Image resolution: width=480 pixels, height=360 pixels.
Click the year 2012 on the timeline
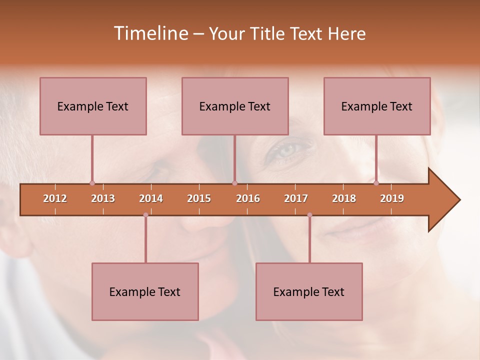55,198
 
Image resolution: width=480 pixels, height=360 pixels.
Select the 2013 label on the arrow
103,198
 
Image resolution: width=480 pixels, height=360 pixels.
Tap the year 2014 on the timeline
151,198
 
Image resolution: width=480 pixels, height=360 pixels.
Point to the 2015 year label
199,198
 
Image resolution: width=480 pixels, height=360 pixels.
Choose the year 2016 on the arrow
248,198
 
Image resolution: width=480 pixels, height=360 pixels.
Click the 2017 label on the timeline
296,198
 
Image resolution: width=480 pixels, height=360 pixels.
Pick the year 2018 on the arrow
344,198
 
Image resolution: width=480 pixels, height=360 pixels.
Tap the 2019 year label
392,198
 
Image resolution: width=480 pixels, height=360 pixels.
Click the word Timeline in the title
150,33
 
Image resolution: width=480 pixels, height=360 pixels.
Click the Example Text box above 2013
93,106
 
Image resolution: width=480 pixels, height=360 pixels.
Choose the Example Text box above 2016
235,106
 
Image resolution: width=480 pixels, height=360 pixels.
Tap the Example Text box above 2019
377,106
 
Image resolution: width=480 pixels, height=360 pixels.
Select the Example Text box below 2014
145,291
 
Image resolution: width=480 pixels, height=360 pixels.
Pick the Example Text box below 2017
309,291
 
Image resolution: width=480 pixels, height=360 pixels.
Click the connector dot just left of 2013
92,183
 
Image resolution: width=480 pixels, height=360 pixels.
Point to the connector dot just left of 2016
234,183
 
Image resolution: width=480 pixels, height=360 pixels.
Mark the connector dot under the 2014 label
145,215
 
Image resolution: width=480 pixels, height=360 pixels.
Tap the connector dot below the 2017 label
309,215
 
